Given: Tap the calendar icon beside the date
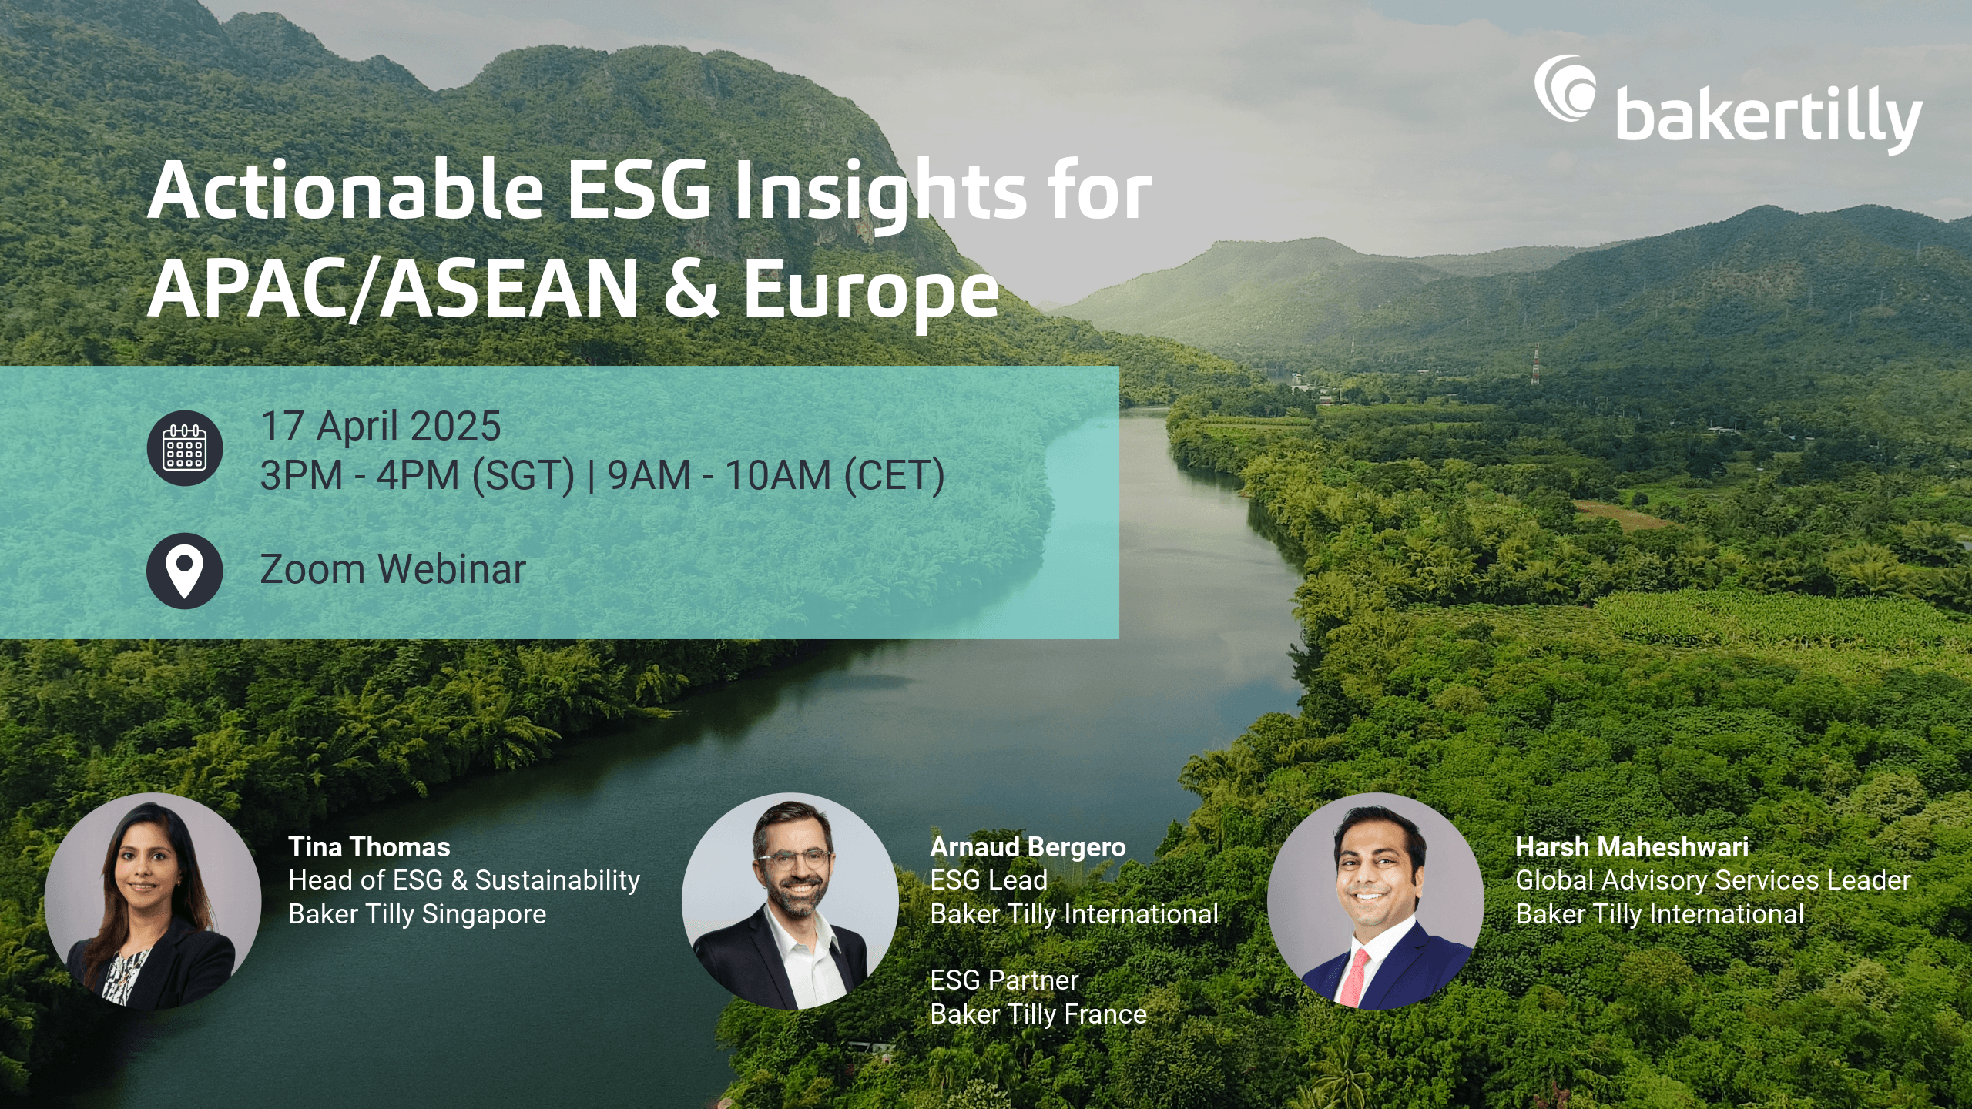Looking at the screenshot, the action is [x=185, y=448].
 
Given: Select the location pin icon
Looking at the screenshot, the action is [x=185, y=571].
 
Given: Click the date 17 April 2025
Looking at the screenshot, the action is [x=381, y=426].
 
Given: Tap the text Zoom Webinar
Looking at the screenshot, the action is [x=393, y=570].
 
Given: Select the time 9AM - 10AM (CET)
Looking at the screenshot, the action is [x=776, y=475].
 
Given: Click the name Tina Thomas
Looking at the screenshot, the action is [x=369, y=847].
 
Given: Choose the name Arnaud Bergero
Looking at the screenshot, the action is [x=1028, y=847].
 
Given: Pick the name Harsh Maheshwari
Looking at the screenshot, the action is [x=1632, y=847].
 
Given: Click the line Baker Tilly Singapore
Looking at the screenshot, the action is [x=417, y=914].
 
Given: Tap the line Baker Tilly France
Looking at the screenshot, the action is [x=1038, y=1014].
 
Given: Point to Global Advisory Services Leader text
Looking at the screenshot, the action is [x=1712, y=880].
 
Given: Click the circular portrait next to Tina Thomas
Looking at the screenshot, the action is [x=153, y=901].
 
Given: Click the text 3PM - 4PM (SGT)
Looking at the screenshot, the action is [x=418, y=475].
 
